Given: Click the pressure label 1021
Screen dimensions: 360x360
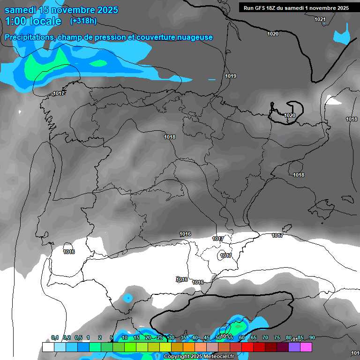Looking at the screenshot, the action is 320,19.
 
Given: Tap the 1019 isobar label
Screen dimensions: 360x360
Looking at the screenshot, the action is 231,76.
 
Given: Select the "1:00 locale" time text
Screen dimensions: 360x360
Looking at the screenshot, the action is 33,21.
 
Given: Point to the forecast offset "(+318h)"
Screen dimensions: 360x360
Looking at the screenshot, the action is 83,21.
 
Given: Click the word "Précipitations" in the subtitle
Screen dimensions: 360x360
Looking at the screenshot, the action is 29,37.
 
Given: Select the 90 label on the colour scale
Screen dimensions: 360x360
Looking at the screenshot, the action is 312,337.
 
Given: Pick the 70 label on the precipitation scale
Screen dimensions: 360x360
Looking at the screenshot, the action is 265,337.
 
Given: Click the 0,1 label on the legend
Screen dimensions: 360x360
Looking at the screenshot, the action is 55,337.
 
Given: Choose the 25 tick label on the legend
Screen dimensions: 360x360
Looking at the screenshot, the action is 160,337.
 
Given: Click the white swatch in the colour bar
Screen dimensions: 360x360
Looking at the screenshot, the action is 48,347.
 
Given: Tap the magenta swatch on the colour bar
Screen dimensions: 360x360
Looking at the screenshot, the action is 306,347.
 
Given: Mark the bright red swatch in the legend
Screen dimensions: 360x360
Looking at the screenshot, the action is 247,347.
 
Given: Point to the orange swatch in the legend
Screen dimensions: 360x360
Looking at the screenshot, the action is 189,347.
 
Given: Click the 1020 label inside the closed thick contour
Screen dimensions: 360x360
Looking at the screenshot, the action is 290,115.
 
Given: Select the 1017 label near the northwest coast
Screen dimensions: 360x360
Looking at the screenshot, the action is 59,93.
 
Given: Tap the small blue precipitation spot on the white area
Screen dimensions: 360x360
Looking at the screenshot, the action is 127,297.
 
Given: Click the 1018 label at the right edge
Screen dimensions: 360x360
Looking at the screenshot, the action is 352,119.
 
